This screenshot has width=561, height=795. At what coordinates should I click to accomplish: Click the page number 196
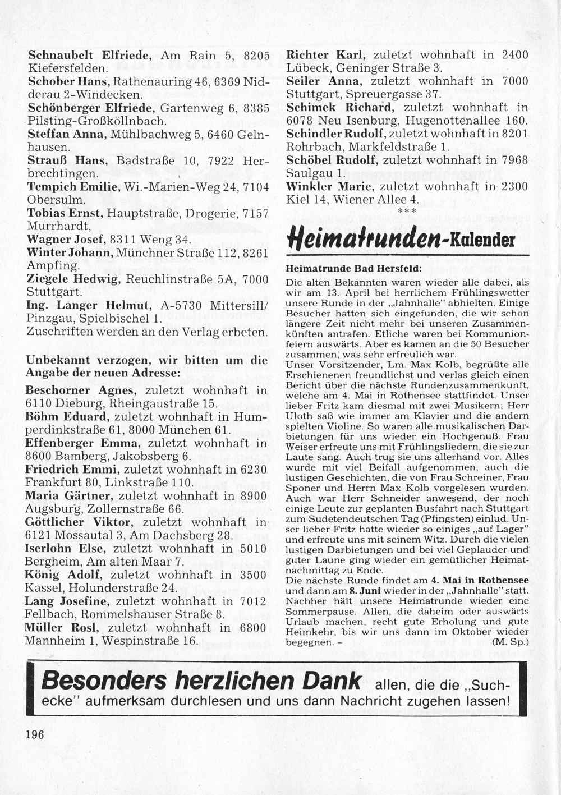tap(35, 735)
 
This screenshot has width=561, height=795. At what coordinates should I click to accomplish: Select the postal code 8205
tap(257, 56)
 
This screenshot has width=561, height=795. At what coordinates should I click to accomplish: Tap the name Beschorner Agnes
tap(80, 390)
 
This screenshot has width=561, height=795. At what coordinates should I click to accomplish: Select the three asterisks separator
tap(406, 211)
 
